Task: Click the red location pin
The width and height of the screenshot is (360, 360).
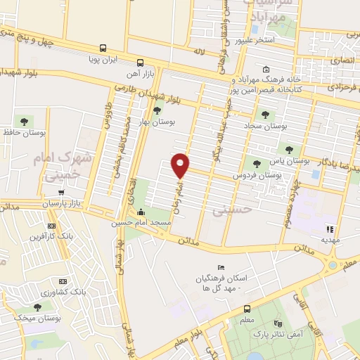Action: click(181, 165)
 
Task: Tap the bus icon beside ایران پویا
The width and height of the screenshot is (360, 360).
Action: click(103, 49)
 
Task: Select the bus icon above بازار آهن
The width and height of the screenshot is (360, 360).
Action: click(139, 61)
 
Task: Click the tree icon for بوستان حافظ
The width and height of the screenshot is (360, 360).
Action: click(25, 119)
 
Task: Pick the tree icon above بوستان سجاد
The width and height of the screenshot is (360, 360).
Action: click(265, 114)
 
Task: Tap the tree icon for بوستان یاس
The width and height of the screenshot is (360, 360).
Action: click(288, 149)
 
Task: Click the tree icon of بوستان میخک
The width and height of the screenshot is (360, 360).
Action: click(38, 308)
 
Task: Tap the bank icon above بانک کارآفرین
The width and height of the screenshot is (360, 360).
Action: click(51, 226)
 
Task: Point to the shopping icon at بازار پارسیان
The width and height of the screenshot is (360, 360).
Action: click(67, 193)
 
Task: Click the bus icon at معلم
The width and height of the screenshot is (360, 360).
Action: click(247, 309)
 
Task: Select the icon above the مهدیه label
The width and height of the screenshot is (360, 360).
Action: click(329, 229)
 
